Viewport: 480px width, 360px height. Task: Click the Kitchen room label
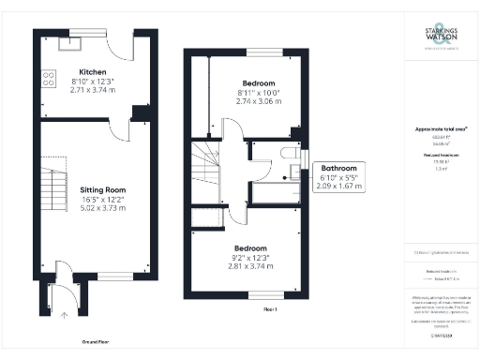[x=92, y=72]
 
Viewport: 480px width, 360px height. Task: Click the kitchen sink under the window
[x=70, y=40]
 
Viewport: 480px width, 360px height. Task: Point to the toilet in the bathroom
[x=291, y=154]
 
